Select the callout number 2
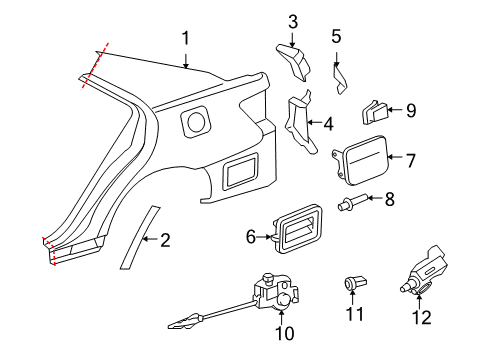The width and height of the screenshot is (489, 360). point(165,239)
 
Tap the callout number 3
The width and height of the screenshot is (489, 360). point(293,21)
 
